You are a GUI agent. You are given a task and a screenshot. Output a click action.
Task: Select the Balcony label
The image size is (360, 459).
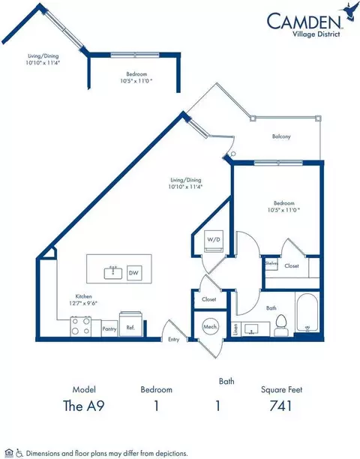click(x=281, y=136)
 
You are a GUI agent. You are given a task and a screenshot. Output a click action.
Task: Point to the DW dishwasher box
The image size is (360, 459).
click(x=133, y=272)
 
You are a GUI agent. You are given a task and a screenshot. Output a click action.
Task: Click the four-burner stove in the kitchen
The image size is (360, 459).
click(x=81, y=327)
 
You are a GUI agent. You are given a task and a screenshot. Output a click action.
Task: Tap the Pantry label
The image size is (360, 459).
click(x=108, y=328)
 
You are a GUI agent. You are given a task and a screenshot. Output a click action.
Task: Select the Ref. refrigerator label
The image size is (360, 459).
click(x=130, y=328)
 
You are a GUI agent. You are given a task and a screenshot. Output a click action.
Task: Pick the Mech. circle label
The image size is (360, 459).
click(x=210, y=327)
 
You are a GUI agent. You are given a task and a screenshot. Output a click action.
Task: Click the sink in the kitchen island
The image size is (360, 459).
click(x=116, y=272)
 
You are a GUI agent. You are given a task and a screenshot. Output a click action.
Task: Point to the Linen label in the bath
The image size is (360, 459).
click(x=235, y=328)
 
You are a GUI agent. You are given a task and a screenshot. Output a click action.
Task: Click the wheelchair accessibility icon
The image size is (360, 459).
click(x=18, y=453)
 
